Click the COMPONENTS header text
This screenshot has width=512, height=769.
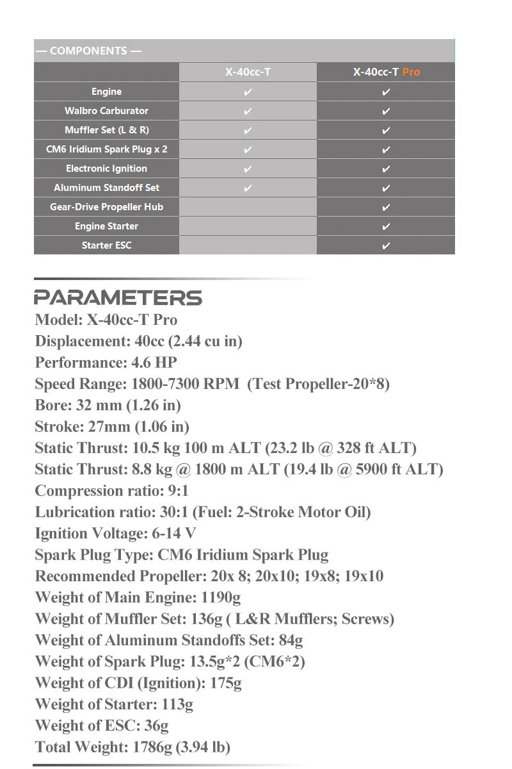click(88, 51)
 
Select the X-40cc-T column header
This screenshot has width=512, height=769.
click(248, 72)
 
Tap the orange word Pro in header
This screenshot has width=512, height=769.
click(412, 72)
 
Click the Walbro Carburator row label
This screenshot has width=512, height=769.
click(106, 111)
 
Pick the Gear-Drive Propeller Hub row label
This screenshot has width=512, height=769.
click(106, 207)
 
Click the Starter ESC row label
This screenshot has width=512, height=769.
click(106, 245)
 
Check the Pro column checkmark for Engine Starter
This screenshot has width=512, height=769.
click(386, 226)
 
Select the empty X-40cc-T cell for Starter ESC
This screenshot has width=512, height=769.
click(248, 245)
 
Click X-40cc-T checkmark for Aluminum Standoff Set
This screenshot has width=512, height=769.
click(248, 188)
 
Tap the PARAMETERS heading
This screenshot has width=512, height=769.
click(118, 298)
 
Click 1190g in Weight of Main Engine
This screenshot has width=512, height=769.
click(220, 597)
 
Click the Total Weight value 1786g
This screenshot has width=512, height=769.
click(154, 747)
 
